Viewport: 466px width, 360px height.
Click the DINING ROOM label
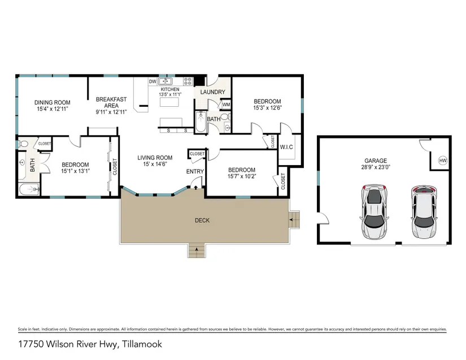(53, 102)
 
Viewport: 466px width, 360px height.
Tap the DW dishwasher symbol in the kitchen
(153, 81)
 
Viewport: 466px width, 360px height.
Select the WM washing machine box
(226, 105)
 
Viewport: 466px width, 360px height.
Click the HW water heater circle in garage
(443, 161)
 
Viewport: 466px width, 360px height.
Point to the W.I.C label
(286, 147)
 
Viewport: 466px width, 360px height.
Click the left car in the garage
(374, 211)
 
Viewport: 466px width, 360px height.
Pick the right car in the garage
(424, 211)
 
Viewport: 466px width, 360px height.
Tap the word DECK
(202, 220)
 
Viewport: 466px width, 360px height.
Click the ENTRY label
(195, 172)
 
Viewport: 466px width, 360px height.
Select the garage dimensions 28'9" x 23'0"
(376, 167)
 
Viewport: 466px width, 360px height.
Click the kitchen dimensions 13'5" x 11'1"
(170, 94)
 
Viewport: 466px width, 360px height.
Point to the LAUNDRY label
(212, 92)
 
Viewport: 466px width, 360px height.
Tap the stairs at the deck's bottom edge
(197, 250)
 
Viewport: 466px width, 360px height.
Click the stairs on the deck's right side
(294, 220)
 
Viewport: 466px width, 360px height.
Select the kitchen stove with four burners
(188, 81)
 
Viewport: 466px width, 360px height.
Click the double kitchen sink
(166, 81)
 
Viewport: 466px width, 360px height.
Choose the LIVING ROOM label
(155, 158)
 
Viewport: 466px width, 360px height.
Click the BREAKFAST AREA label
(111, 102)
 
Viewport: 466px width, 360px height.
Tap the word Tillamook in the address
(142, 344)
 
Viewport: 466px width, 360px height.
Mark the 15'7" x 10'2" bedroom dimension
(242, 176)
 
